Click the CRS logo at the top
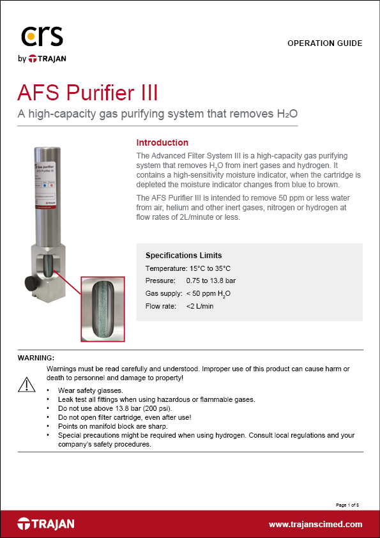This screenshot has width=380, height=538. (43, 37)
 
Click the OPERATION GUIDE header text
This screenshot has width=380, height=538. (324, 43)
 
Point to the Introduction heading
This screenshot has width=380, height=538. (162, 142)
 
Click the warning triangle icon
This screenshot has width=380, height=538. (26, 384)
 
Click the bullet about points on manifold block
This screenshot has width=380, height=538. (112, 426)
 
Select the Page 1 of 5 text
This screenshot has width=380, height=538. (349, 505)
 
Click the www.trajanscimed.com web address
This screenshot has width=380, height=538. (315, 525)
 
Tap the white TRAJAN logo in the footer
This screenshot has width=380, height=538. (46, 524)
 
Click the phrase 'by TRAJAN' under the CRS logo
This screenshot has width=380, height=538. (42, 59)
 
